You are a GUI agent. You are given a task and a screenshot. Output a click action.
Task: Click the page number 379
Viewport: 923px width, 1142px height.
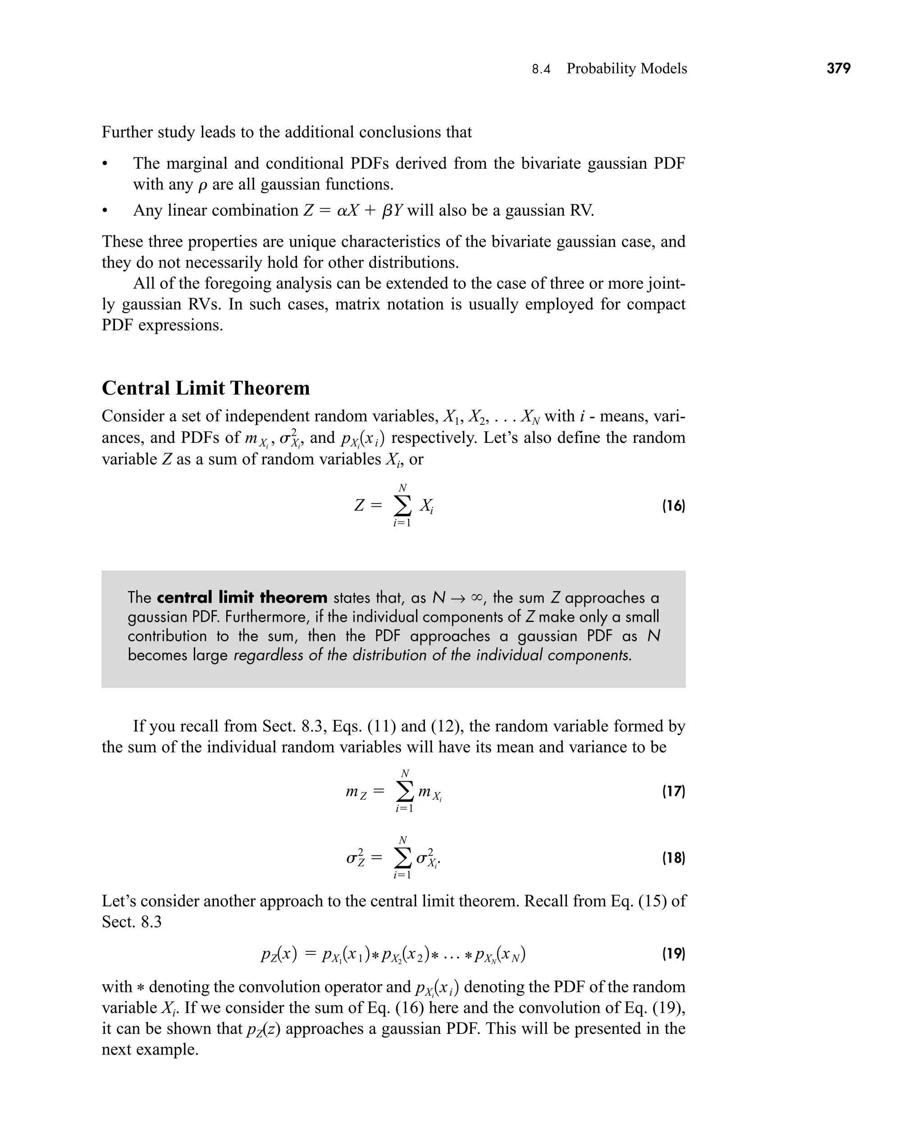838,68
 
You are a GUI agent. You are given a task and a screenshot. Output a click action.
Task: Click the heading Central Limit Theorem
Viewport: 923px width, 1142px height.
206,388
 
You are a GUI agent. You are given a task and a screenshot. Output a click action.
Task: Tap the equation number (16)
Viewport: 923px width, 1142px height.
673,506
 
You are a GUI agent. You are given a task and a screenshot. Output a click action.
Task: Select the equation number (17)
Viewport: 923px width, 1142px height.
673,792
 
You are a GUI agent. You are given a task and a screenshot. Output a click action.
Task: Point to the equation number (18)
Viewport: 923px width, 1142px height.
673,858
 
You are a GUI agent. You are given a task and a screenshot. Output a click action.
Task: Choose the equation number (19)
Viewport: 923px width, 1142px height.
673,953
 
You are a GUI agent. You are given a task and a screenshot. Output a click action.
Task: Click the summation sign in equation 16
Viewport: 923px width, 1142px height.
402,506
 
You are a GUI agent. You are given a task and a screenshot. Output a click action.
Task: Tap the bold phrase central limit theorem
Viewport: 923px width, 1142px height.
242,597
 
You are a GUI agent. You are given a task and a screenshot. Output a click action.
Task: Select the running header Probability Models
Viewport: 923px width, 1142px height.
626,68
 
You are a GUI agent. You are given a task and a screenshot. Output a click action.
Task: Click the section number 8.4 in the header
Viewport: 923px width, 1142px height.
541,69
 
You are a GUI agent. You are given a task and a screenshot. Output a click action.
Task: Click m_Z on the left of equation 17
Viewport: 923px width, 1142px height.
356,792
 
